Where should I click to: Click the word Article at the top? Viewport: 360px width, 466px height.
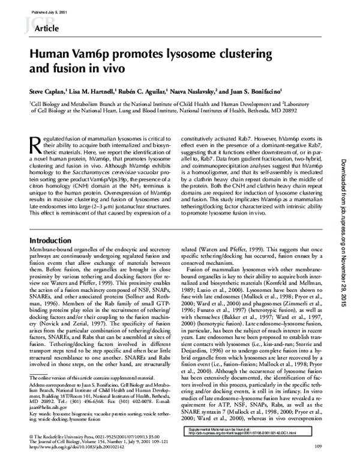point(49,28)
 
